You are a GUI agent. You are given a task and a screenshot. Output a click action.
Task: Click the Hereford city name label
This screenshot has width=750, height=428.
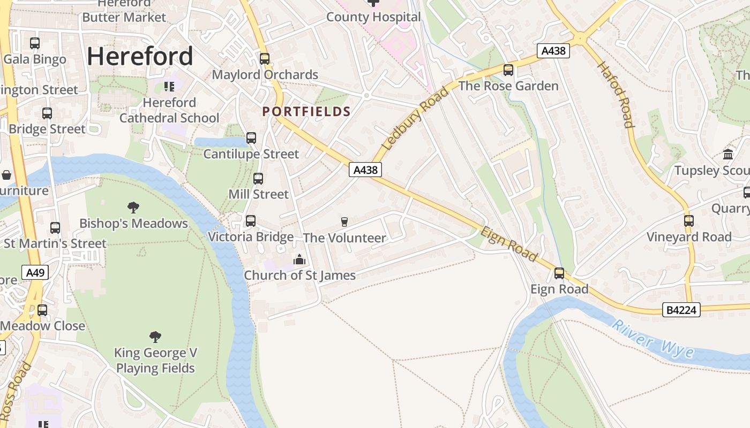point(140,56)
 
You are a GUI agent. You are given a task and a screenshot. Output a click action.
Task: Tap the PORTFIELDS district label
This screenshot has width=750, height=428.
point(306,111)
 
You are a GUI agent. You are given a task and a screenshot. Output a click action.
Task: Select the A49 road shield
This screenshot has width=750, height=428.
point(35,273)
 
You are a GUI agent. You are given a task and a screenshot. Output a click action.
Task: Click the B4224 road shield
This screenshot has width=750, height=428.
point(681,310)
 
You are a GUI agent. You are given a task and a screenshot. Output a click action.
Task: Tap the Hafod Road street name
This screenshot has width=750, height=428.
point(616,95)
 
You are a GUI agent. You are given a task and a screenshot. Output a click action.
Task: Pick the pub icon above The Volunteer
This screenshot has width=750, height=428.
point(344,221)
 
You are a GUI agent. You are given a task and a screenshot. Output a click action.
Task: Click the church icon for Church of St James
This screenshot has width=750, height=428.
point(299,260)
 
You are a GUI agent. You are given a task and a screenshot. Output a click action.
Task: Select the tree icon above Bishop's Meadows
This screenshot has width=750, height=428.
point(133,208)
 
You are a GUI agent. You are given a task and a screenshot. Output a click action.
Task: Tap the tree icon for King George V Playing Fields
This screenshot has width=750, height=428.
point(155,337)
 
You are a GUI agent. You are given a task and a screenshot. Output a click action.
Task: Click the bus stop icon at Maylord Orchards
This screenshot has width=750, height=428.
point(265,59)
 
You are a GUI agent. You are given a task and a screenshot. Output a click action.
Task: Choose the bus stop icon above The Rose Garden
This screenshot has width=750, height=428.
point(508,70)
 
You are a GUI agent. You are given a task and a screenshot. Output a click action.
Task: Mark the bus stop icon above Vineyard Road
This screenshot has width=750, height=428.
point(689,220)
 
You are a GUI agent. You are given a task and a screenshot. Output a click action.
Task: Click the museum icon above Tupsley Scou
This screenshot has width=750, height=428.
point(728,154)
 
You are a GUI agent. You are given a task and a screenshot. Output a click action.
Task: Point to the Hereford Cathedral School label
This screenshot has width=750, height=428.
point(169,110)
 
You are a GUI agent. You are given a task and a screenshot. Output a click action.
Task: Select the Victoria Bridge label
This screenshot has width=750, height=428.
point(251,236)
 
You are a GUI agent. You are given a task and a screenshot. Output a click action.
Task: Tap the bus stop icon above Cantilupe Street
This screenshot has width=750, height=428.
point(251,138)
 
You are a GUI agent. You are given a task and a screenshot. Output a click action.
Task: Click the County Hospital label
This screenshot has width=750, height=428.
point(373,17)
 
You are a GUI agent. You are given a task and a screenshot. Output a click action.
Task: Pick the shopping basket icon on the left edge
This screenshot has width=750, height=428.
point(6,175)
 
